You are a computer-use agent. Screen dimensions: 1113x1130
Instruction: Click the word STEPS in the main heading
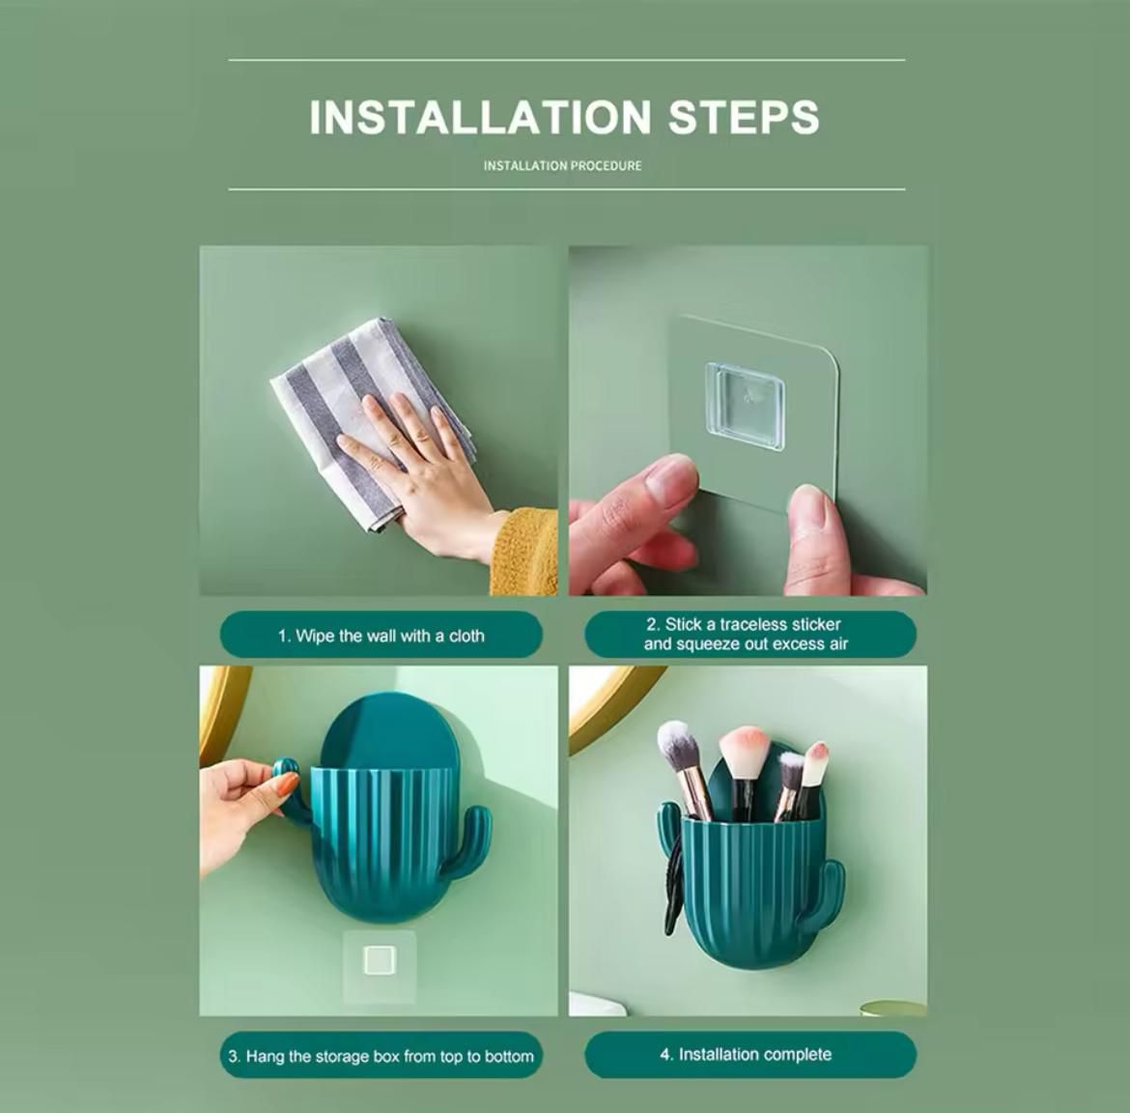click(x=744, y=117)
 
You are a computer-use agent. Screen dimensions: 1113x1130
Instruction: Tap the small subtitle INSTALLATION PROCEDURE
click(x=562, y=166)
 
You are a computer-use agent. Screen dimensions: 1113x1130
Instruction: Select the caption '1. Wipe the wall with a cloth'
click(x=381, y=636)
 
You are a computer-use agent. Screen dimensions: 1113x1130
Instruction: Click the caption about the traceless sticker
click(x=749, y=635)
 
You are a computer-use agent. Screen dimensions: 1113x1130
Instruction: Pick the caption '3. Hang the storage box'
click(x=381, y=1056)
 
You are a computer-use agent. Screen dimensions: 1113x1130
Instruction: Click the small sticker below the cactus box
click(x=379, y=960)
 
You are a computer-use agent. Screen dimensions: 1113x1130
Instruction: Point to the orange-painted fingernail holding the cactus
click(x=287, y=784)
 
